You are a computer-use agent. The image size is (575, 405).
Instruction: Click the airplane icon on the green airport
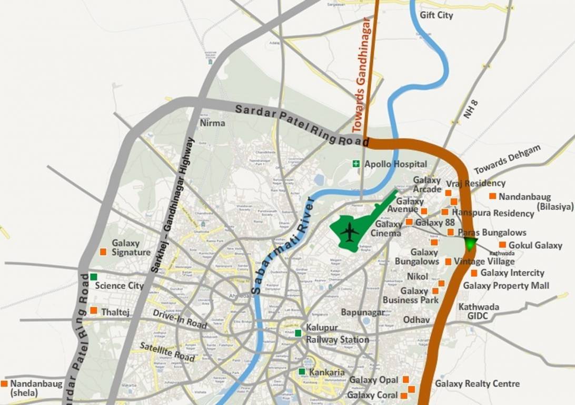(x=349, y=230)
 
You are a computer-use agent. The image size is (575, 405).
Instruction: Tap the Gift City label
(x=436, y=15)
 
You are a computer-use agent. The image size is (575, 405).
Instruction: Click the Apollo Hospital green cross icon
(x=356, y=165)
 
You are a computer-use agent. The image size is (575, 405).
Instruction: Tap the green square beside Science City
(x=94, y=277)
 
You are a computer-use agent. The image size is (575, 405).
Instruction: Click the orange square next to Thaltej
(x=94, y=311)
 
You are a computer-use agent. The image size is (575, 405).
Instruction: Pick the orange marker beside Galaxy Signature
(x=103, y=252)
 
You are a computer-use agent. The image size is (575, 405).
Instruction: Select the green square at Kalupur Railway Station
(x=299, y=333)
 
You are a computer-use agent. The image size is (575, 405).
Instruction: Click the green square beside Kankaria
(x=302, y=372)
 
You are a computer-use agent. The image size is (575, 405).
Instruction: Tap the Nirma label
(x=212, y=123)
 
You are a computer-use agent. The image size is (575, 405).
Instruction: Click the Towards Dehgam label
(x=507, y=159)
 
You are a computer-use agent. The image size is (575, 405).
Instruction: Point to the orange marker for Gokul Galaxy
(x=502, y=245)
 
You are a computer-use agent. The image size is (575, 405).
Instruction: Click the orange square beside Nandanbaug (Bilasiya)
(x=492, y=196)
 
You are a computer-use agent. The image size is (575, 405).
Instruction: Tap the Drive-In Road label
(x=180, y=319)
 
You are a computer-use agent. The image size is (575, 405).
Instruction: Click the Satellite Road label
(x=167, y=352)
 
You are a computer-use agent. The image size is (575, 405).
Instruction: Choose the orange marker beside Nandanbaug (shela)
(x=4, y=384)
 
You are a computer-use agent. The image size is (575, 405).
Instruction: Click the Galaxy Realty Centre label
(x=477, y=383)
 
